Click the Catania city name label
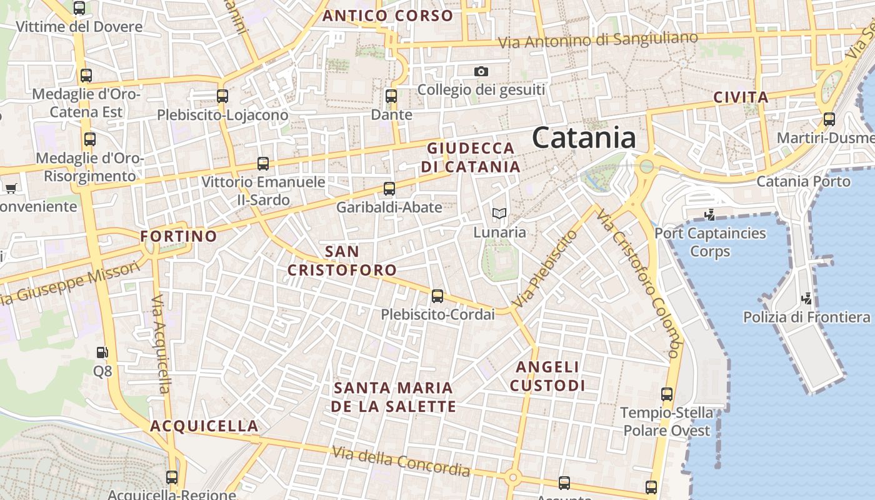click(x=584, y=138)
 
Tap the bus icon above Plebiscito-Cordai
click(x=437, y=296)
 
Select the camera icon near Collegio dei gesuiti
click(x=481, y=71)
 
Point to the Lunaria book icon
click(x=499, y=214)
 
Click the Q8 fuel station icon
click(x=102, y=353)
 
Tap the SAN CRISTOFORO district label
click(x=342, y=261)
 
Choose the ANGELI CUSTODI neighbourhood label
click(x=547, y=376)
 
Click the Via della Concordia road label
click(x=401, y=461)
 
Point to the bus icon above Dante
click(x=391, y=96)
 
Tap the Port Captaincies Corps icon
click(x=709, y=216)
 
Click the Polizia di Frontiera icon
click(x=807, y=299)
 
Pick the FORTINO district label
click(x=179, y=237)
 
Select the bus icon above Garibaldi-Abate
click(x=389, y=189)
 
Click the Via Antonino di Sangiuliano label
click(x=598, y=39)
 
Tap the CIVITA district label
click(x=741, y=97)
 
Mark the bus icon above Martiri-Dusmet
click(x=829, y=119)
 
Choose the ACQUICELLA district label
click(x=204, y=426)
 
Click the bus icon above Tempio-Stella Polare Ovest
click(x=667, y=394)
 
